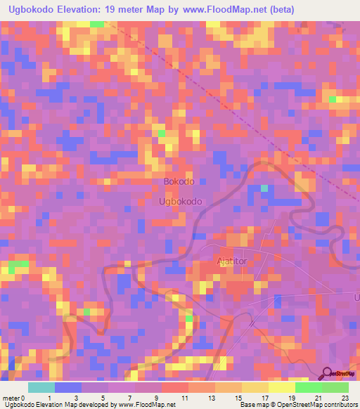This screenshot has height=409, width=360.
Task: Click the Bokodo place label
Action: pyautogui.click(x=179, y=181)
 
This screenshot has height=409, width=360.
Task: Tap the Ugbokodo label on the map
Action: pyautogui.click(x=181, y=201)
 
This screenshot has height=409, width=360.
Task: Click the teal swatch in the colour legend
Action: pyautogui.click(x=41, y=387)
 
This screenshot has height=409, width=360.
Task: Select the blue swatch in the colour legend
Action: pyautogui.click(x=67, y=387)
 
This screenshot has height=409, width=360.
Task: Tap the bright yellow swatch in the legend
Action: pyautogui.click(x=281, y=387)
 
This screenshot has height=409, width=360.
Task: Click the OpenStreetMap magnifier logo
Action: pyautogui.click(x=327, y=373)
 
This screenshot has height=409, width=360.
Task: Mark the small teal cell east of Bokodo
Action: pyautogui.click(x=264, y=188)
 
